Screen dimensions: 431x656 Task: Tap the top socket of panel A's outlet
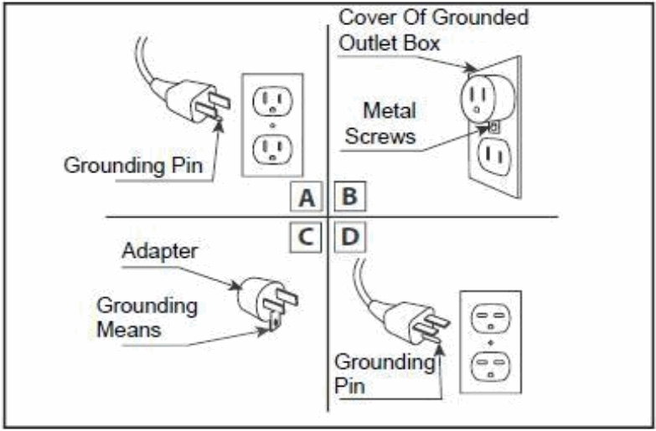click(x=272, y=102)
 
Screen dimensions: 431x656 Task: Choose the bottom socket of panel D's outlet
click(x=491, y=366)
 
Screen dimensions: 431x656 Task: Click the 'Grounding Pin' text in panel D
click(x=384, y=373)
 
